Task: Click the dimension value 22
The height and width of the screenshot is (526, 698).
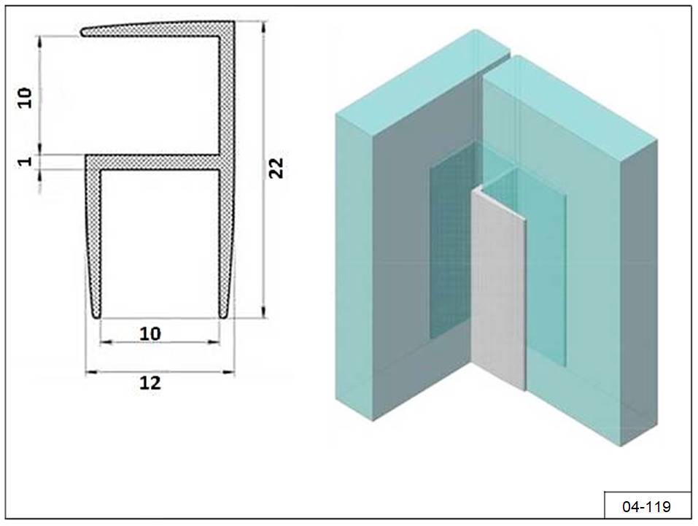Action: coord(276,168)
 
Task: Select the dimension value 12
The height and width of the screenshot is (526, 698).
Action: coord(150,383)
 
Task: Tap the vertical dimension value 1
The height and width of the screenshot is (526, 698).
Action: coord(25,160)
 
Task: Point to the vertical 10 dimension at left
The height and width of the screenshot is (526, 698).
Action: coord(25,98)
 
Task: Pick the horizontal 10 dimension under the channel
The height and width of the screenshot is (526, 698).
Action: coord(150,333)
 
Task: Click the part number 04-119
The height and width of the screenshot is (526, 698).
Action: coord(646,507)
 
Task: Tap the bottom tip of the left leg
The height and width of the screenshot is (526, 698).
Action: coord(96,316)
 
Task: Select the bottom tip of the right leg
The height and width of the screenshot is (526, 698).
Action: coord(223,316)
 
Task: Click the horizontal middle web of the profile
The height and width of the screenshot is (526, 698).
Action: coord(152,162)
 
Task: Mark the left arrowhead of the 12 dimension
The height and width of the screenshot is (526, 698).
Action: coord(88,372)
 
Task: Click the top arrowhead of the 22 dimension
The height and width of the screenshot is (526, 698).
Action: coord(264,26)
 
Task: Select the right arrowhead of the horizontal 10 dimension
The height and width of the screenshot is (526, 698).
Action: coord(216,342)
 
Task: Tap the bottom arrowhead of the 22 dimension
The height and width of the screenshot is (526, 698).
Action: coord(264,313)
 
